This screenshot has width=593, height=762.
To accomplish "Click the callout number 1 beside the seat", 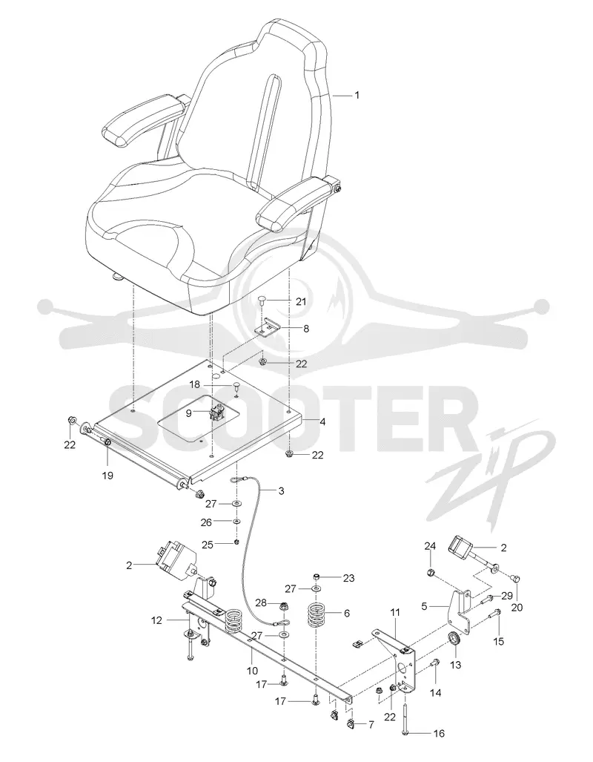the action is [357, 95].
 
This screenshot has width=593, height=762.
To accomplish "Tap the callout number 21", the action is [301, 302].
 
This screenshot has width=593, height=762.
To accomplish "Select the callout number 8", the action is [306, 329].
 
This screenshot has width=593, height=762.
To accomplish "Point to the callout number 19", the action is [107, 476].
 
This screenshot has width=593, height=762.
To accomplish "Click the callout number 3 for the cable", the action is [281, 490].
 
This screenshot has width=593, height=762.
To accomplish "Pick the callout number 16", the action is [439, 733].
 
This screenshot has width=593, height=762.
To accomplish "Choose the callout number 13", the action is [456, 665].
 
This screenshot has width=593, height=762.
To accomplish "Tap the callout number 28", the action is [261, 603].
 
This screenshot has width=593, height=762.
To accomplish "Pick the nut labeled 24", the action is [430, 574].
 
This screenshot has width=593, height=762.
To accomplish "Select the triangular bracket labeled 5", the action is [460, 611].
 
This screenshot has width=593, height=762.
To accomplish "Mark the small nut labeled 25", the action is [236, 542].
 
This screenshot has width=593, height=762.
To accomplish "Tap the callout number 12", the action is [156, 620].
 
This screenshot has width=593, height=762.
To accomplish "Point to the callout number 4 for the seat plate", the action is [322, 422].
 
